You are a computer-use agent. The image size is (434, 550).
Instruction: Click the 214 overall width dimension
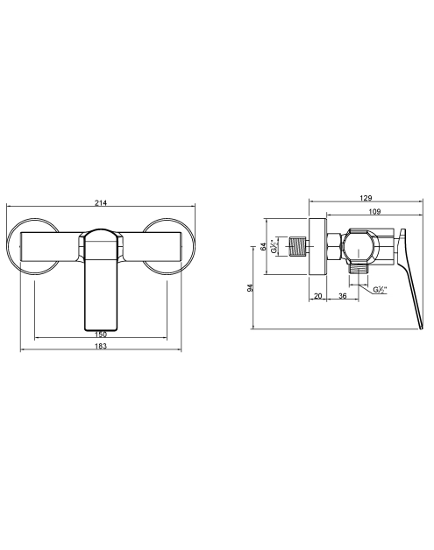coord(101,202)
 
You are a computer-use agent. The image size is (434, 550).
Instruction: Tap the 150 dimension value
coord(101,335)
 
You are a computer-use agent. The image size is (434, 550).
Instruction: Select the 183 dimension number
coord(101,346)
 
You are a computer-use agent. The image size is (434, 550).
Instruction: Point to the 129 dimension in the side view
coord(366,198)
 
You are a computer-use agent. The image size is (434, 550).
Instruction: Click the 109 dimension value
coord(374,212)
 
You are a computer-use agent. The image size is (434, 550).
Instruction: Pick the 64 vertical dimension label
coord(263,246)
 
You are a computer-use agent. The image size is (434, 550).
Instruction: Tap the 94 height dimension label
coord(250,288)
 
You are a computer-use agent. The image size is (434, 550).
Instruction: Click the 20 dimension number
coord(317,296)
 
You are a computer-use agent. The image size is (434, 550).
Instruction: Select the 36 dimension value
coord(343,296)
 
